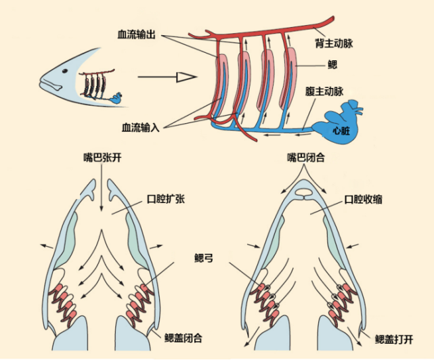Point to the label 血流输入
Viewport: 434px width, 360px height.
(140, 127)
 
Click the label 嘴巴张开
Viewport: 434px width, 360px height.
(99, 157)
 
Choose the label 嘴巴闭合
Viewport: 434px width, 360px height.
(308, 157)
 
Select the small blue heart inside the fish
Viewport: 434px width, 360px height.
(117, 99)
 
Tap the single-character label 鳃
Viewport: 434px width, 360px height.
(332, 66)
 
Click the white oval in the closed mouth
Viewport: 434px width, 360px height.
(305, 193)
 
